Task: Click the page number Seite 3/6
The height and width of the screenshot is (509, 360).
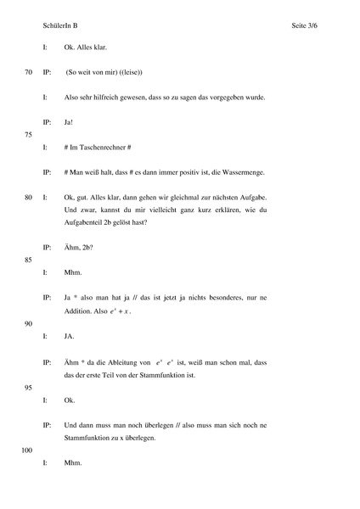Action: point(311,26)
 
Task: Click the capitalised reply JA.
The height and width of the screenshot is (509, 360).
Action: point(70,336)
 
